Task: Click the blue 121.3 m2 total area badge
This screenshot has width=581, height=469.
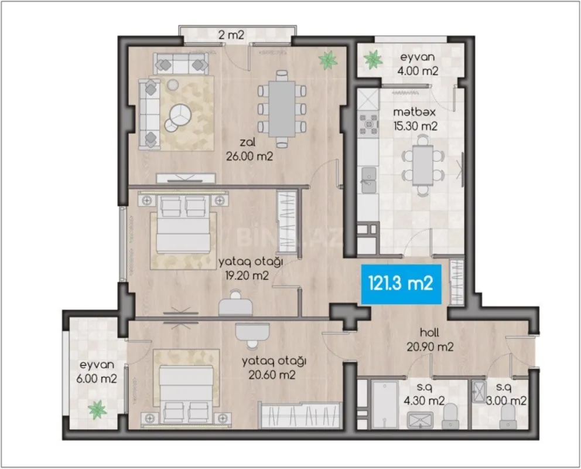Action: pyautogui.click(x=400, y=284)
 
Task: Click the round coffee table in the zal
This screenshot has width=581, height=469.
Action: pyautogui.click(x=179, y=115)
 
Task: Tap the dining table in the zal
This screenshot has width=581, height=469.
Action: pyautogui.click(x=282, y=108)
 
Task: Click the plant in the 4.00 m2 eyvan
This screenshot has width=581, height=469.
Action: pyautogui.click(x=372, y=59)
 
